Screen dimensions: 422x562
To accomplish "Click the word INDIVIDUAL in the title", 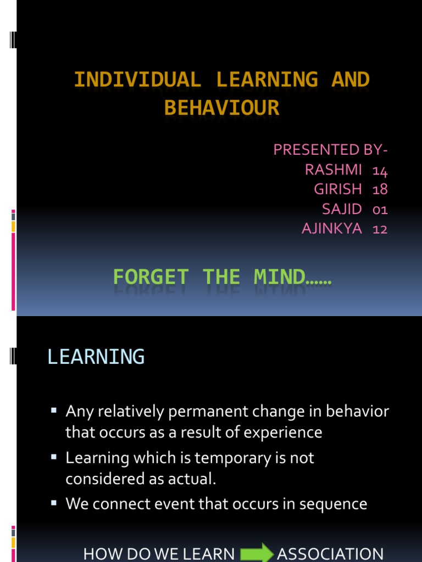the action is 137,79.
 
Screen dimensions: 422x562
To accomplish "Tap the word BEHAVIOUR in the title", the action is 222,108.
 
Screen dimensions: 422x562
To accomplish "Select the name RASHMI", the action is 334,170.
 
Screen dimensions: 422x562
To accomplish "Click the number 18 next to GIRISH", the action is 380,189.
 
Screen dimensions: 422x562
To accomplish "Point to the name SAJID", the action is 342,209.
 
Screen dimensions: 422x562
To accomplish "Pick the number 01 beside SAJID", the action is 380,209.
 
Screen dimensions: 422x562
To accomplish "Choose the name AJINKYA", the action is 332,229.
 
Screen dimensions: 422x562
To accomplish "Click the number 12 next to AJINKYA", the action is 380,229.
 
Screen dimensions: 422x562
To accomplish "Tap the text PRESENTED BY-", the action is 330,149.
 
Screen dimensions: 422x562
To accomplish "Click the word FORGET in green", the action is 151,277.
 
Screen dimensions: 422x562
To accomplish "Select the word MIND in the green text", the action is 280,277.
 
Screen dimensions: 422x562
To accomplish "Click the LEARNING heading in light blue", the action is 96,357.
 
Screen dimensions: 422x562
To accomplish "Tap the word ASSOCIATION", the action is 330,554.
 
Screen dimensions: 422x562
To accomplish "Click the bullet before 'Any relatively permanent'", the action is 54,411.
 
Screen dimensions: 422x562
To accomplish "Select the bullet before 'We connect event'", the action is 54,503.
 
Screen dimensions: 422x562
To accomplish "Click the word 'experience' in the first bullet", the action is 283,432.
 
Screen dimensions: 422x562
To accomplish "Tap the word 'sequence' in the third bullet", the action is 333,504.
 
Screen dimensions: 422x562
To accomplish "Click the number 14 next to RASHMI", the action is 380,170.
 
